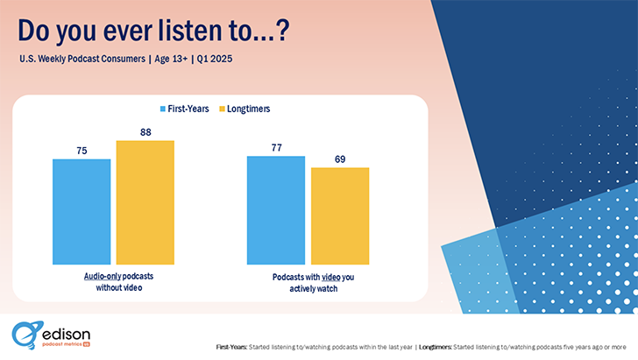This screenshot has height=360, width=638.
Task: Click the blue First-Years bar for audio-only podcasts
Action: tap(82, 211)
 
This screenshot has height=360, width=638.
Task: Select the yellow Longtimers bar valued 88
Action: tap(145, 202)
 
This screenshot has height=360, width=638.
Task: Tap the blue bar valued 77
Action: tap(276, 209)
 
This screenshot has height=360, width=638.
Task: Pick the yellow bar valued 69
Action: tap(340, 215)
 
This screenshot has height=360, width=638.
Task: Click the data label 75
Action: tap(82, 151)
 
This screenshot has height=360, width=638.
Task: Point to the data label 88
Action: tap(145, 132)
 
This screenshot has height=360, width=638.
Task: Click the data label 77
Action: tap(276, 147)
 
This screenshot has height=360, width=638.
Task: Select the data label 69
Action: tap(340, 159)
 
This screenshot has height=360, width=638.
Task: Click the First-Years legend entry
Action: tap(186, 109)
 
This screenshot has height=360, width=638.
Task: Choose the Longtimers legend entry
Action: tap(246, 109)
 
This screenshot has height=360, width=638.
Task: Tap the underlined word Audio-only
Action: tap(103, 275)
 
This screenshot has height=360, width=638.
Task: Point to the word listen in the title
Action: tap(188, 31)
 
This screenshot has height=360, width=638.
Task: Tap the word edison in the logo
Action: tap(67, 334)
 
